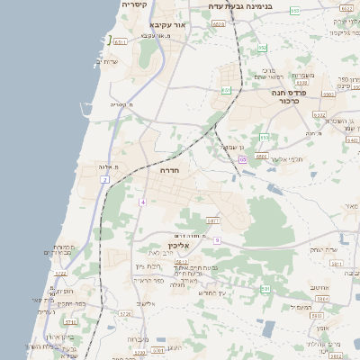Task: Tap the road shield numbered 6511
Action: pyautogui.click(x=121, y=41)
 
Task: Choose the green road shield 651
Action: pyautogui.click(x=227, y=90)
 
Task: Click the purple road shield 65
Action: pyautogui.click(x=243, y=159)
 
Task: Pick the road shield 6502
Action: pyautogui.click(x=261, y=156)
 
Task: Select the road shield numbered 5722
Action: pyautogui.click(x=60, y=273)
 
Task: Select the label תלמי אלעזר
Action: pyautogui.click(x=290, y=159)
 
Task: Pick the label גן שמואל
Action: pyautogui.click(x=236, y=148)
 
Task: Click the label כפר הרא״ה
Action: pyautogui.click(x=148, y=280)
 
